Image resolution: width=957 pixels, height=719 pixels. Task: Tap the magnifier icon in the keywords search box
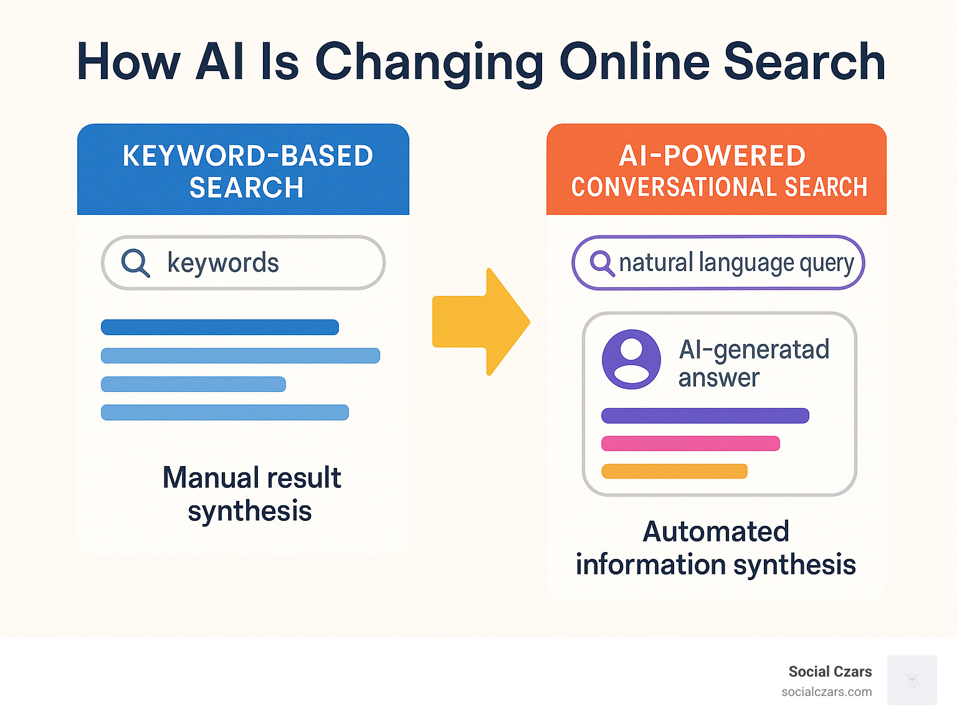click(x=135, y=262)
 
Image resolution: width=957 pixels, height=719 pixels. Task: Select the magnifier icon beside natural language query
click(x=601, y=262)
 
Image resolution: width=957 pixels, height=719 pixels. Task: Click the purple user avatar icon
click(x=631, y=359)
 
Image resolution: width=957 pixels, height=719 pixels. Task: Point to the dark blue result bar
click(x=220, y=327)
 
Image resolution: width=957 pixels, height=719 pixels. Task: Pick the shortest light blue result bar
click(x=193, y=384)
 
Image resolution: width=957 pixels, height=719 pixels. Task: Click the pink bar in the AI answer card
click(x=690, y=444)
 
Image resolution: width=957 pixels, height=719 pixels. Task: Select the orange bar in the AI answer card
click(x=674, y=471)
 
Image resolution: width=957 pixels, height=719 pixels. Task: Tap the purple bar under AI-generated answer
click(x=705, y=416)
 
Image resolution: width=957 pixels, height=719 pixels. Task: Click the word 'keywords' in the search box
click(x=223, y=263)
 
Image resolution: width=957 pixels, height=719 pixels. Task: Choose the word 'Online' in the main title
click(x=634, y=62)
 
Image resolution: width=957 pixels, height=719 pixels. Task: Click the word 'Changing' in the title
click(x=430, y=63)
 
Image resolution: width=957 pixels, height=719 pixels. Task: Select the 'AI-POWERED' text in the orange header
click(x=712, y=156)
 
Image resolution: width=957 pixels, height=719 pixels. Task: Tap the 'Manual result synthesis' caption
click(x=251, y=494)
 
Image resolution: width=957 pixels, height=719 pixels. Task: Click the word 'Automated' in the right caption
click(x=716, y=531)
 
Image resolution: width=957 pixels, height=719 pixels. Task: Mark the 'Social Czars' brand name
click(x=830, y=672)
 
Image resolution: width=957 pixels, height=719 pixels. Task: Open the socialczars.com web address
click(x=826, y=692)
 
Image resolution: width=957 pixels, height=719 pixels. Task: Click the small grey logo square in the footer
click(x=912, y=680)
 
